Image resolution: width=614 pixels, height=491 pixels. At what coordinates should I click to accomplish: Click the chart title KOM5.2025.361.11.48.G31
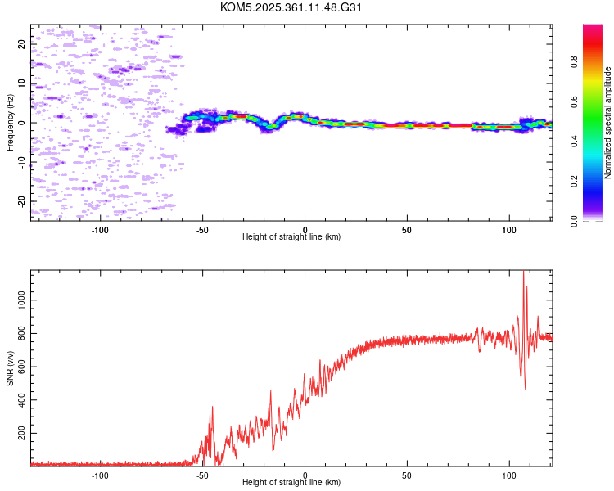(291, 7)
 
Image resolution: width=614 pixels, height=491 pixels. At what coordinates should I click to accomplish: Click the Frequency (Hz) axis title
(10, 123)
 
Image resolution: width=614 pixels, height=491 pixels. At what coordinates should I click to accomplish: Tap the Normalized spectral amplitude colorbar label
(607, 123)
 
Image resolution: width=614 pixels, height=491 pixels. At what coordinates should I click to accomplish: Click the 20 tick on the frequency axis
(22, 44)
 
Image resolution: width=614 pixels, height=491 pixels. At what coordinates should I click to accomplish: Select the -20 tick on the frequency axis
(22, 201)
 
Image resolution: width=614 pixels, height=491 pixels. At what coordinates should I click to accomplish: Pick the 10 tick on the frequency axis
(22, 83)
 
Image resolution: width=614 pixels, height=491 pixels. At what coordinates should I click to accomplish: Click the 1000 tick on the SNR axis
(22, 300)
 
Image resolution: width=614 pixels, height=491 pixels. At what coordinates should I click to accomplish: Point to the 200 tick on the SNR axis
(22, 433)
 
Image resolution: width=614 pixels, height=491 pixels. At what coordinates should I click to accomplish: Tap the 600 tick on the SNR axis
(22, 367)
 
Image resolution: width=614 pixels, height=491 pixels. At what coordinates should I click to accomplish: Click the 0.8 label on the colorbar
(574, 62)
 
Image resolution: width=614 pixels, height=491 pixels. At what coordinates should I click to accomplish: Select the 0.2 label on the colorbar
(574, 182)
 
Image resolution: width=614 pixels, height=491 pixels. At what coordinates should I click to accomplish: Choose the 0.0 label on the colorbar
(574, 221)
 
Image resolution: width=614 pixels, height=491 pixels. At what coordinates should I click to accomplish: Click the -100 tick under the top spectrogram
(100, 230)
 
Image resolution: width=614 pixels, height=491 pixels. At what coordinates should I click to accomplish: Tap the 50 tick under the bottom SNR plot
(407, 475)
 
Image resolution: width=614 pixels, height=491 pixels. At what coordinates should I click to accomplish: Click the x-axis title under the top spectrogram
(291, 236)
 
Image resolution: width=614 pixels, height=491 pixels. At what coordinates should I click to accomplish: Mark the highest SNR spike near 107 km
(524, 271)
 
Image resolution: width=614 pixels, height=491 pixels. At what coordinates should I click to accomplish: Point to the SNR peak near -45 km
(213, 407)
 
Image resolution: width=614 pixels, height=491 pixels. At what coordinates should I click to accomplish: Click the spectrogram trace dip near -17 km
(270, 127)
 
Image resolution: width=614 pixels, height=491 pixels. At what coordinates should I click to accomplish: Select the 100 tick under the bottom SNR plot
(509, 475)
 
